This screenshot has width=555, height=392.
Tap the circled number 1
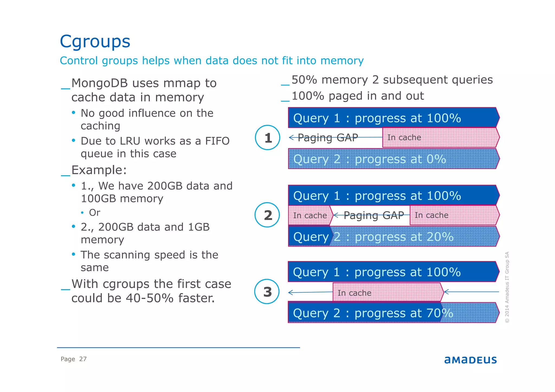pyautogui.click(x=267, y=138)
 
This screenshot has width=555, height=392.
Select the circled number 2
pyautogui.click(x=267, y=215)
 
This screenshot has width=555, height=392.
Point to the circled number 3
pyautogui.click(x=267, y=292)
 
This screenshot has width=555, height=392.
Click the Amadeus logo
pyautogui.click(x=470, y=360)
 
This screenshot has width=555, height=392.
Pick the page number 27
pyautogui.click(x=83, y=359)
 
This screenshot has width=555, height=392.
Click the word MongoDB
pyautogui.click(x=99, y=83)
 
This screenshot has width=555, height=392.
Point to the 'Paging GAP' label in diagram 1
pyautogui.click(x=328, y=138)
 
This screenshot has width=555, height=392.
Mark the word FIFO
pyautogui.click(x=217, y=141)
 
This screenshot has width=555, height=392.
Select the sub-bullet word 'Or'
pyautogui.click(x=95, y=213)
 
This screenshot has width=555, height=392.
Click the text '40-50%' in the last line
pyautogui.click(x=149, y=298)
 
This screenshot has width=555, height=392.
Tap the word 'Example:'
pyautogui.click(x=99, y=170)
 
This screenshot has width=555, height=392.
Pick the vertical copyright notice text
pyautogui.click(x=507, y=287)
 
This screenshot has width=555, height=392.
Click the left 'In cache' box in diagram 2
pyautogui.click(x=310, y=215)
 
